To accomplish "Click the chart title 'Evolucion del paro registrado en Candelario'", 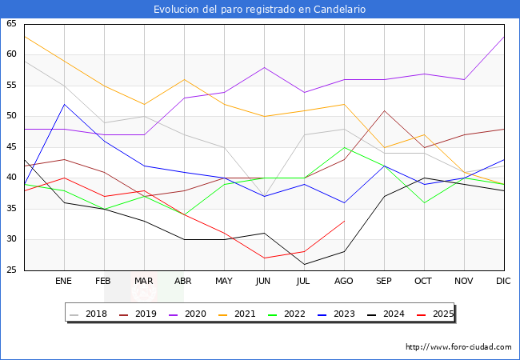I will coord(260,9).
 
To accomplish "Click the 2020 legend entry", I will coord(199,314).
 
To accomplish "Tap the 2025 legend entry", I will coord(439,314).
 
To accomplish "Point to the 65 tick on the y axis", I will coord(11,24).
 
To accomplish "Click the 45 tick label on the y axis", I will coord(11,147).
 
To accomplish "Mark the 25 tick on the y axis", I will coord(11,270).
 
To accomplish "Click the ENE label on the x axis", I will coord(64,282).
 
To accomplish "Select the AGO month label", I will coord(344,282).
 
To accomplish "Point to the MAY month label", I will coord(224,282).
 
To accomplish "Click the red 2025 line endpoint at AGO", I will coord(344,221).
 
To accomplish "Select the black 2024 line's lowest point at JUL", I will coord(304,264).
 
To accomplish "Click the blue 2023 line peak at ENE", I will coord(64,104).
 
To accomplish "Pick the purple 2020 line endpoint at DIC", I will coord(504,37).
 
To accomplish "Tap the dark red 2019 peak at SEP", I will coord(384,110).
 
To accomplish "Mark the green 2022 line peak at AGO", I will coord(344,147).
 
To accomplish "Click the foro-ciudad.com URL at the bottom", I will coord(458,347).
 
